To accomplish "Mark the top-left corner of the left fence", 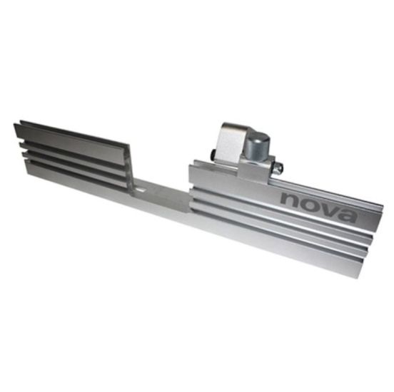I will pos(15,123).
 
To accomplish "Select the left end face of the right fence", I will pos(191,192).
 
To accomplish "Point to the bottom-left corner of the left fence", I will pos(25,175).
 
